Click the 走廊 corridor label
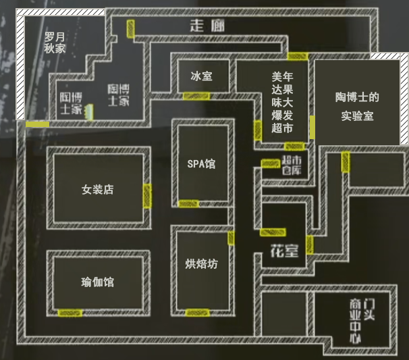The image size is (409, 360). click(x=207, y=26)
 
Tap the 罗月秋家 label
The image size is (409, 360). click(x=55, y=43)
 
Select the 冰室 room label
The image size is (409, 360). click(x=201, y=76)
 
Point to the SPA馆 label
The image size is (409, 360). click(x=201, y=163)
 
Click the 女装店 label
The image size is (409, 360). click(x=97, y=189)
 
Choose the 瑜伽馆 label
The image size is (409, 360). click(x=97, y=282)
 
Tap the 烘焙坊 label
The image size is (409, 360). click(x=201, y=263)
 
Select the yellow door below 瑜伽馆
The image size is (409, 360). click(x=70, y=313)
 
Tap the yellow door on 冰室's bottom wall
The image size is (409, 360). click(x=196, y=96)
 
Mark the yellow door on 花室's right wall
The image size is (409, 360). click(x=309, y=244)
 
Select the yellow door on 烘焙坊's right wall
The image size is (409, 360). click(x=231, y=238)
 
